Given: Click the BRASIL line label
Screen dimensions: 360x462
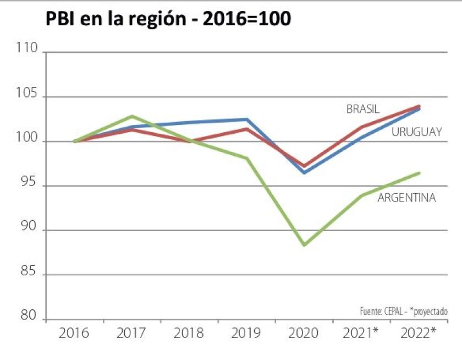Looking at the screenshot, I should coord(362,109).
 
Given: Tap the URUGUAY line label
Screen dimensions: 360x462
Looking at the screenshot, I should coord(416,132).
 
